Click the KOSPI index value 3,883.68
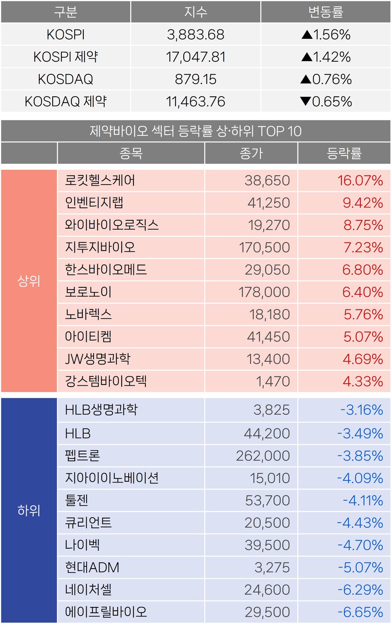[x=196, y=35]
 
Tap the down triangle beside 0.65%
[x=305, y=101]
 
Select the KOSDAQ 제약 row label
[x=66, y=101]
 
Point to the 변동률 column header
[x=325, y=12]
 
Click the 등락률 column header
[x=344, y=153]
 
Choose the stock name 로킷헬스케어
[x=100, y=180]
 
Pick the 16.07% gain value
[x=360, y=180]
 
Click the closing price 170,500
[x=264, y=247]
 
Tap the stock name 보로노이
[x=88, y=292]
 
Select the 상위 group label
[x=29, y=281]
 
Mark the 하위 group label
[x=29, y=510]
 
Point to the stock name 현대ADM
[x=92, y=567]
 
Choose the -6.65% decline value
[x=360, y=612]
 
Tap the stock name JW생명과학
[x=98, y=359]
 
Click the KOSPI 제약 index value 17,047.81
[x=196, y=57]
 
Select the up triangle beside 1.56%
[x=307, y=35]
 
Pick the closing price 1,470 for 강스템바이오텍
[x=272, y=381]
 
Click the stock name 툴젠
[x=77, y=500]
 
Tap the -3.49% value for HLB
[x=360, y=434]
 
